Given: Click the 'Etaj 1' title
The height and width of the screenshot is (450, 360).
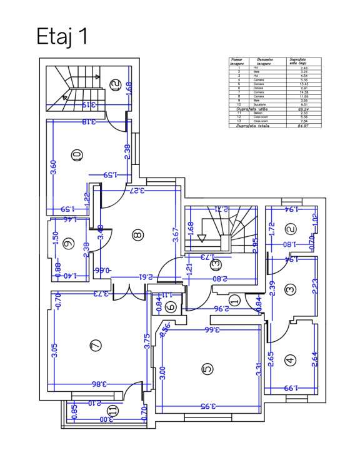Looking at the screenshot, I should coord(62,37).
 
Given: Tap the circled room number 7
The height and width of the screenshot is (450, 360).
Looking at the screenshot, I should coord(96,344).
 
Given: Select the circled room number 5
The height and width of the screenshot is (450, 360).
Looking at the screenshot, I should coord(207,369).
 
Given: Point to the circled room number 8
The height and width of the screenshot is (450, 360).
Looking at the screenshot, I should coord(137,235).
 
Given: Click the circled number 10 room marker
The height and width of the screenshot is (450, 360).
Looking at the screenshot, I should coord(77,154).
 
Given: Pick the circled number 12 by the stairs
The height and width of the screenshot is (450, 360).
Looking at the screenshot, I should coord(114,85).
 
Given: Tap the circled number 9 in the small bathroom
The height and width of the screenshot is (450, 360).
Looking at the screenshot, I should coord(69,243).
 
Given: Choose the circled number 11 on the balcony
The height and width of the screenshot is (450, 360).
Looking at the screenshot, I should coord(112,411).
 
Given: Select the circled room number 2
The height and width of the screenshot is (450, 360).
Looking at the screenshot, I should coord(290,230).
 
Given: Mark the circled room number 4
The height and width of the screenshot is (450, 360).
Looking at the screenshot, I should coord(289,360).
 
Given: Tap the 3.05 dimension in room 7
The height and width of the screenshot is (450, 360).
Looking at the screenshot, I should coord(55,351).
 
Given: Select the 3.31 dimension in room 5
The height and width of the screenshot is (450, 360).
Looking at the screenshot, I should coord(257,369).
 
